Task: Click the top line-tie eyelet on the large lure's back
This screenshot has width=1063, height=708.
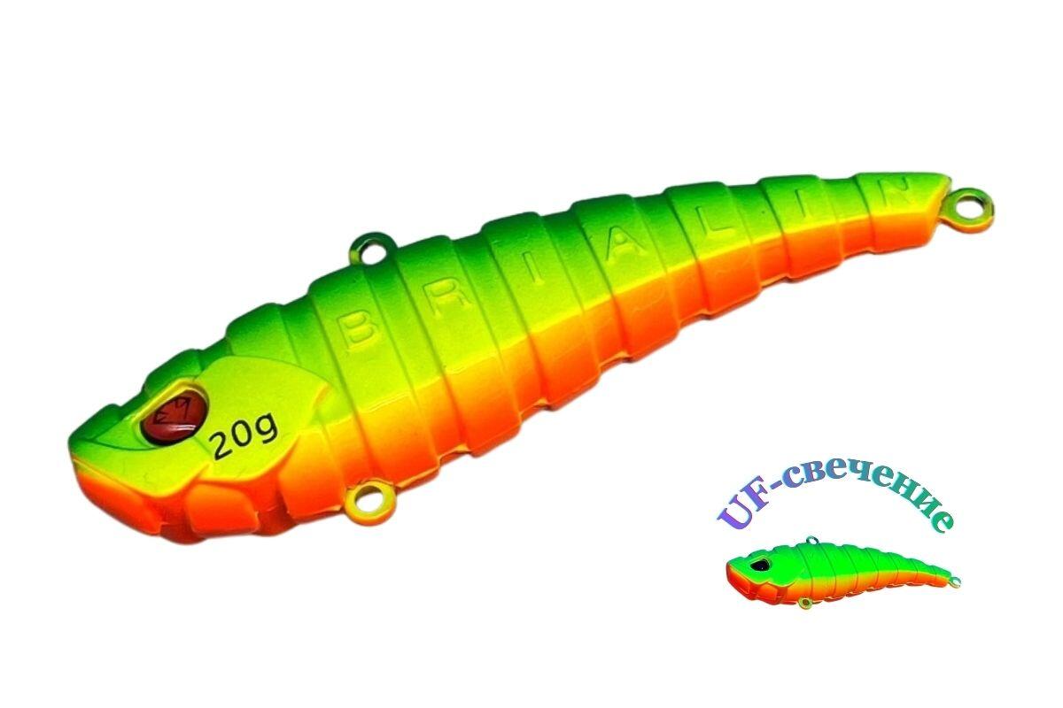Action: point(374,249)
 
